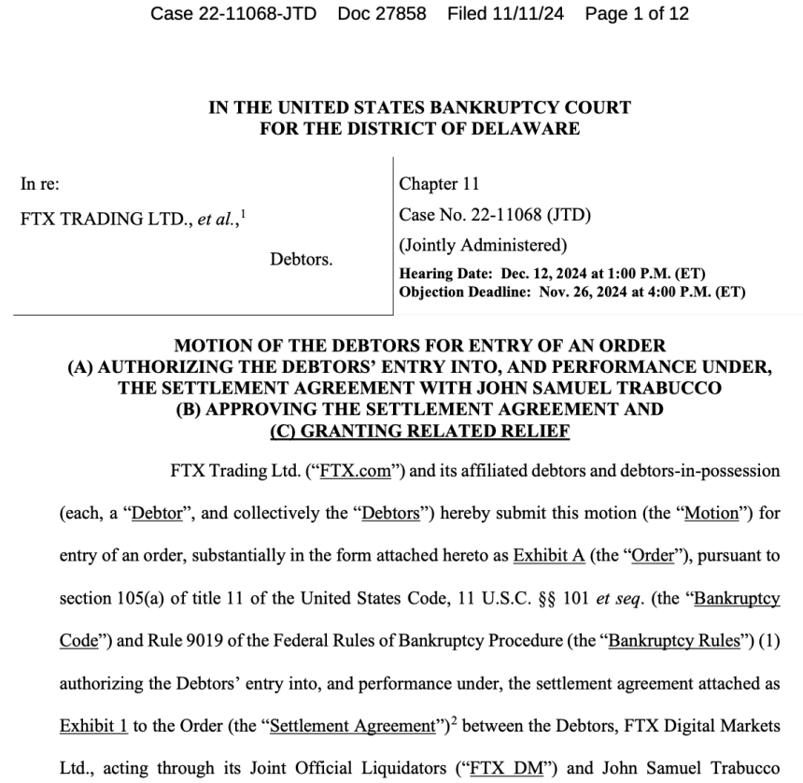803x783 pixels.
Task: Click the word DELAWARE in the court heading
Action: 531,128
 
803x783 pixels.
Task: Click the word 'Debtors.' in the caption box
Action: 301,258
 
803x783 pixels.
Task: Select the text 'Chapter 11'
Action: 439,184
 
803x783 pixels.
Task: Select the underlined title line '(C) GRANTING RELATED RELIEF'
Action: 419,431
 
